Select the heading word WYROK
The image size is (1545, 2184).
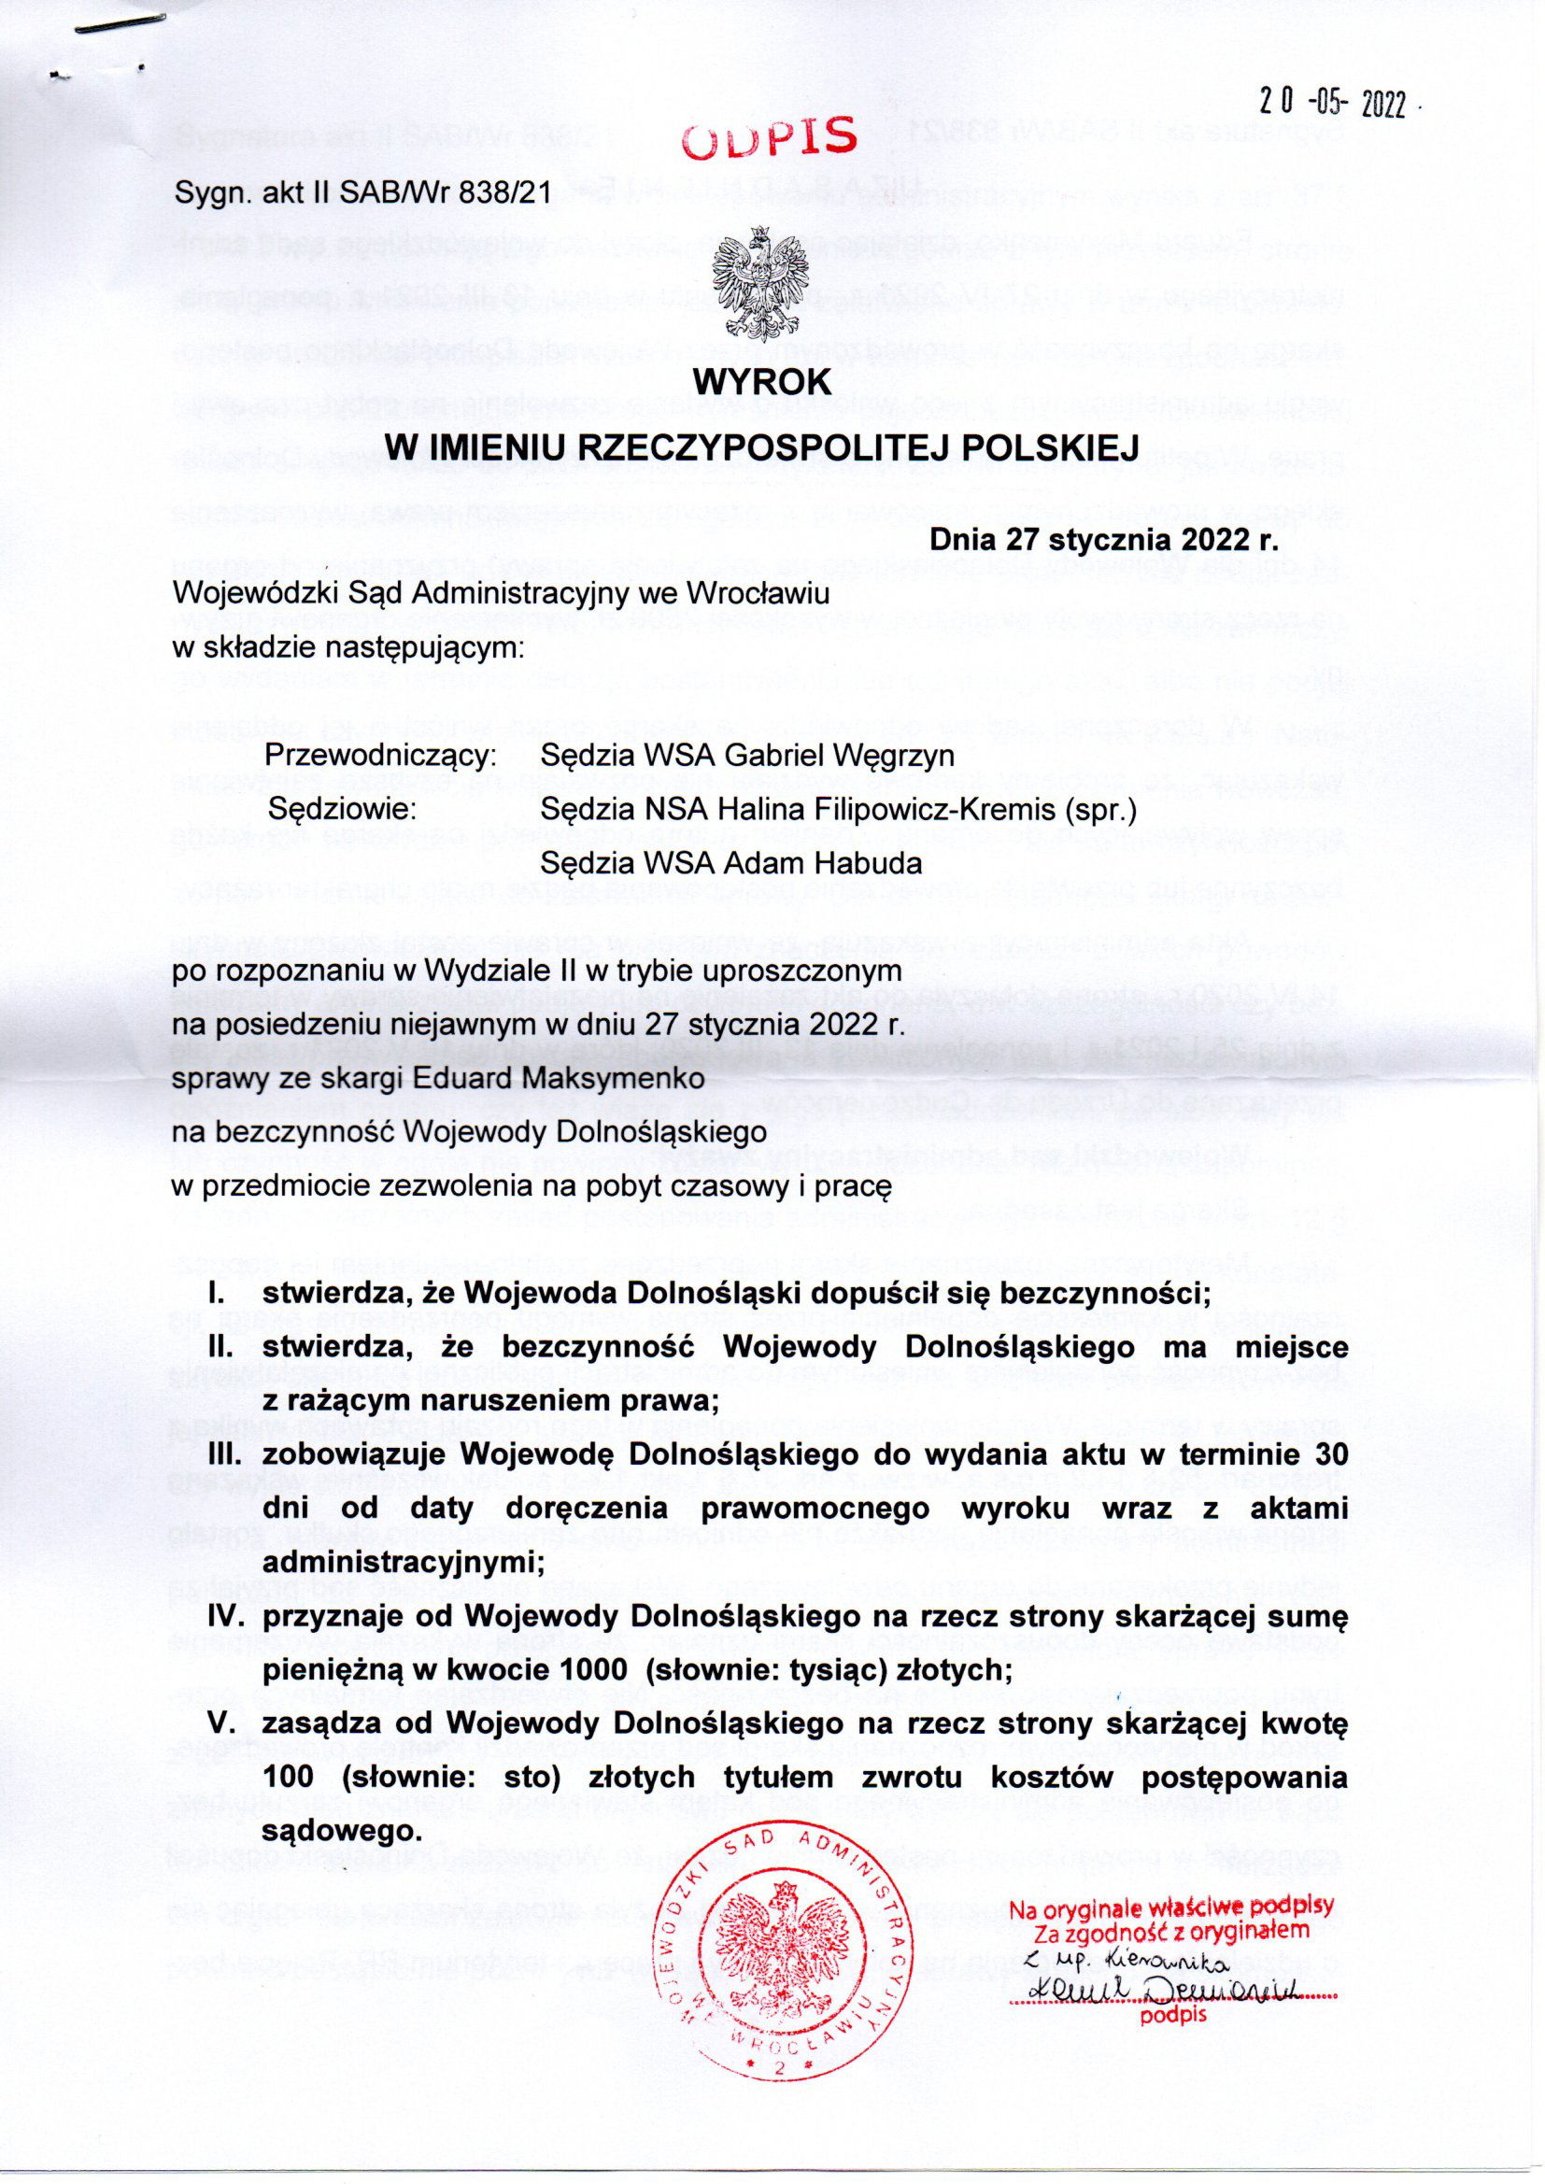[762, 382]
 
